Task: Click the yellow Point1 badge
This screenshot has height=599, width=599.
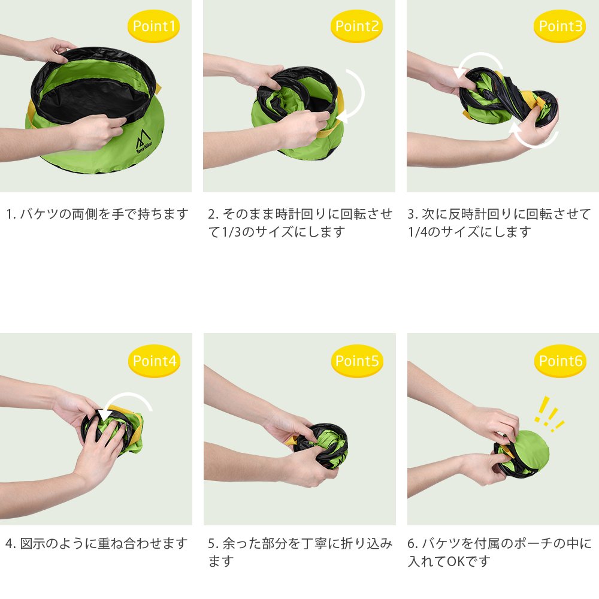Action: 153,26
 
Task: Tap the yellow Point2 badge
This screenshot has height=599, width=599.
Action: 357,26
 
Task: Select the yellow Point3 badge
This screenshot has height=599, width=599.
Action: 560,26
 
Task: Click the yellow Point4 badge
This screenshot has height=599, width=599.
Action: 155,361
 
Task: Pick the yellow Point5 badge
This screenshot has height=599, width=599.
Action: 357,361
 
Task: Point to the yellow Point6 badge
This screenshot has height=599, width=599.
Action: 561,361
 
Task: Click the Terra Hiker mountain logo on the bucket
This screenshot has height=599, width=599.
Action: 144,142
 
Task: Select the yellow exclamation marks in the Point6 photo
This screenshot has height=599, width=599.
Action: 549,415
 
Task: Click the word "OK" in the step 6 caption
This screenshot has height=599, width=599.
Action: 455,561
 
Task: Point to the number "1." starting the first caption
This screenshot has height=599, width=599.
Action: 11,214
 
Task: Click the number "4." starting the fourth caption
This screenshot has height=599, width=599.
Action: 10,544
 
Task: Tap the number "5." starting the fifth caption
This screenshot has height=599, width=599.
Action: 213,544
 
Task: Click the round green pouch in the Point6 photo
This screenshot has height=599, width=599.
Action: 529,451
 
